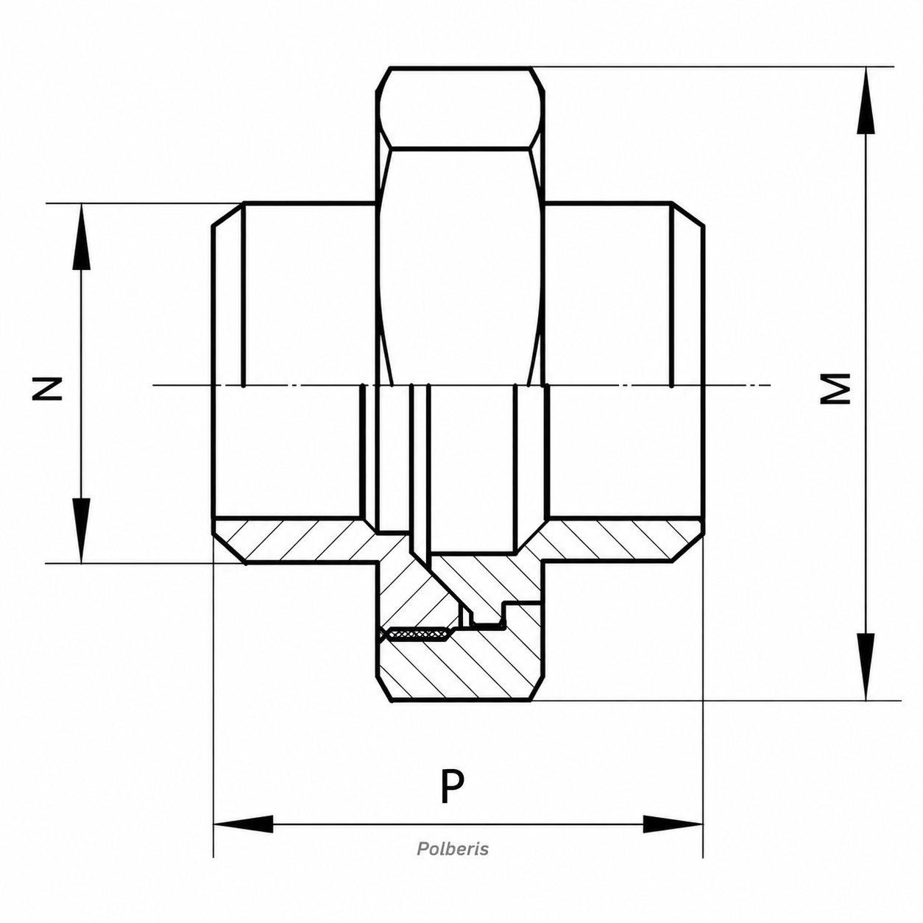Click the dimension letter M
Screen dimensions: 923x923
(835, 389)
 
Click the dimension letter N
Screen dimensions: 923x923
(47, 389)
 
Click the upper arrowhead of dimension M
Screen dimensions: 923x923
(866, 101)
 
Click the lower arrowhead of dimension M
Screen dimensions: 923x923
(866, 667)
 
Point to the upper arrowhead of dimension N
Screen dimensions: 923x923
(81, 237)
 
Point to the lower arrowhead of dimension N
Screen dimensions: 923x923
(81, 531)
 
